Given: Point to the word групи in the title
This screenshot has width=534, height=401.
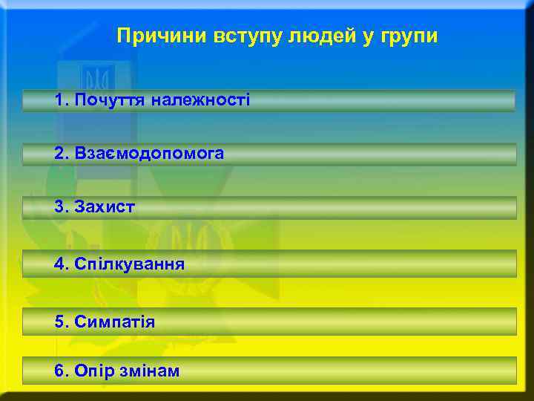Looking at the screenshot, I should pos(408,36).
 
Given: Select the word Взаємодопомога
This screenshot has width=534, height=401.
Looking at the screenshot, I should pos(149,153).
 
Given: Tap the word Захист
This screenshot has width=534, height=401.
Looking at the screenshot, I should pos(105,206).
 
